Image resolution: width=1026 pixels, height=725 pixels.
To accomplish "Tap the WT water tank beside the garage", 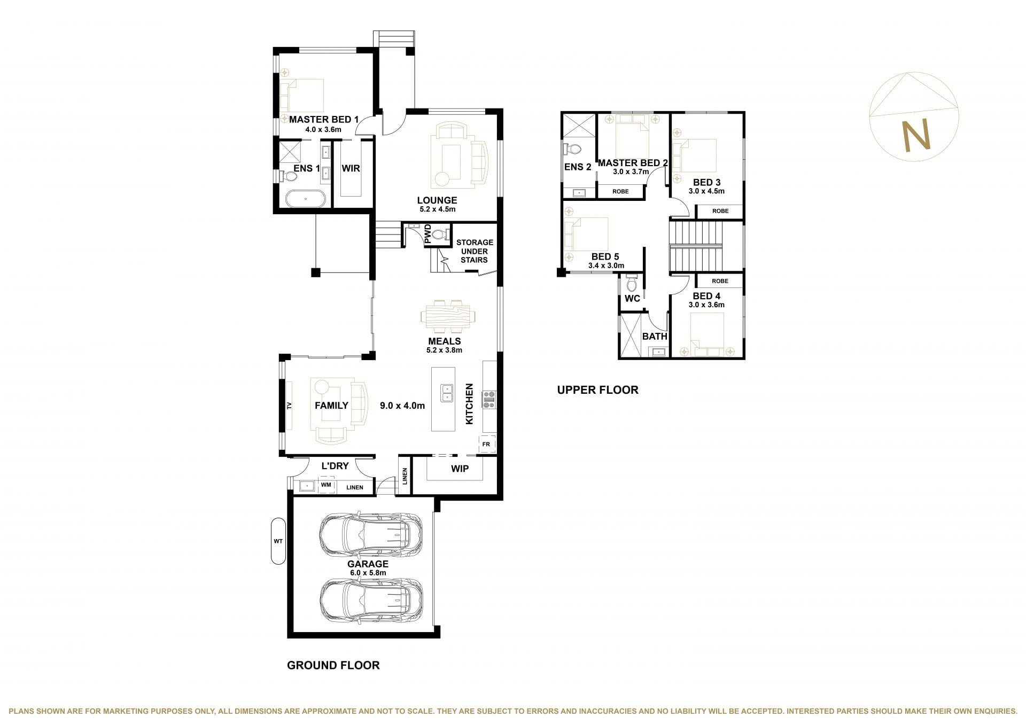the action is [x=278, y=541].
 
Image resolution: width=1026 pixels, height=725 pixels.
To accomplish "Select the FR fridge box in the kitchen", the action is [x=487, y=444].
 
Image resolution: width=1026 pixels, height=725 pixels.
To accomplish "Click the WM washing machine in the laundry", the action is [x=326, y=485].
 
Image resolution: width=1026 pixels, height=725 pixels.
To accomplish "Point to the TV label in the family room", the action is [x=289, y=405].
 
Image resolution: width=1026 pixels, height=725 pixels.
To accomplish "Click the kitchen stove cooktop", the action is [x=489, y=400].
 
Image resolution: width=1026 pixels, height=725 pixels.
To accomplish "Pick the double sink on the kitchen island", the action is [x=447, y=393].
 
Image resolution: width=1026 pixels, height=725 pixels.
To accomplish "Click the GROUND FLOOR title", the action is [x=333, y=665].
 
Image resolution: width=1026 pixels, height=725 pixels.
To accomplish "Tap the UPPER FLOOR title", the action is [x=597, y=390].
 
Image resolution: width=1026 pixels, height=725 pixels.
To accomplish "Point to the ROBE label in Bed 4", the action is [x=720, y=281].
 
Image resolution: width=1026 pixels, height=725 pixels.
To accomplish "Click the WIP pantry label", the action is [x=460, y=469].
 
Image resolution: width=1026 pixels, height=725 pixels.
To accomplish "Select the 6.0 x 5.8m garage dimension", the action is [x=368, y=573].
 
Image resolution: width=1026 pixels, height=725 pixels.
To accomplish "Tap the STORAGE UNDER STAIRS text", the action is [x=475, y=251].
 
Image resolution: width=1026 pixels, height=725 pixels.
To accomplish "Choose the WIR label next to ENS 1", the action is [x=351, y=168].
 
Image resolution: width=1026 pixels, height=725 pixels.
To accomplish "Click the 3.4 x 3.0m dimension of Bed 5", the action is [x=606, y=266].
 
